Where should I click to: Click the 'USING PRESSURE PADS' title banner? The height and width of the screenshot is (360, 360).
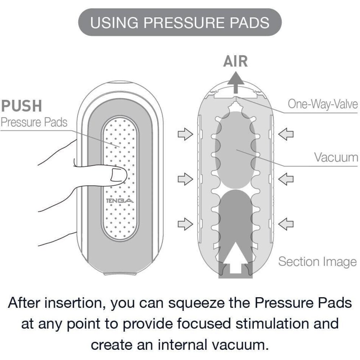(x=180, y=22)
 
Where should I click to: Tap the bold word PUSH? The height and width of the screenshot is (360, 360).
(x=22, y=106)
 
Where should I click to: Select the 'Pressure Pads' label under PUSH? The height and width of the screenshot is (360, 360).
(x=34, y=122)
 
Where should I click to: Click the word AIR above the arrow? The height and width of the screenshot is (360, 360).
(x=235, y=62)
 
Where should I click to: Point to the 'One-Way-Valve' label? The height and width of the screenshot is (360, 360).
(x=323, y=104)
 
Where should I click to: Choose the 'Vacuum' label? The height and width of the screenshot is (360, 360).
(x=336, y=157)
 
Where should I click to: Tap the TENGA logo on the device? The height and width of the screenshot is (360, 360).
(x=120, y=201)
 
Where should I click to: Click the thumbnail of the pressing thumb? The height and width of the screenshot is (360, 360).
(x=117, y=175)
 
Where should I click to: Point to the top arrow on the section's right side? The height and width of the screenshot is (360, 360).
(x=287, y=135)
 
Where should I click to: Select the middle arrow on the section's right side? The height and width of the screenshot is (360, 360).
(x=287, y=179)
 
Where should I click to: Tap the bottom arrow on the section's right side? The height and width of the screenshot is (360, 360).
(x=287, y=224)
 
